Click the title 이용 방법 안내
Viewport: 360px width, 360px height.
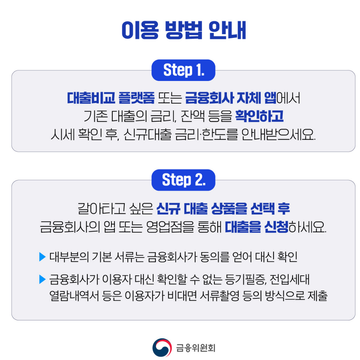pyautogui.click(x=184, y=31)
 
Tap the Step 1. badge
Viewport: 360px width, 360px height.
pyautogui.click(x=183, y=70)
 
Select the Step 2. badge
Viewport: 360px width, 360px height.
pyautogui.click(x=183, y=180)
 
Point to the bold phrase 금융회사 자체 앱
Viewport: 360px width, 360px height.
pyautogui.click(x=231, y=99)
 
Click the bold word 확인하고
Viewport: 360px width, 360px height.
pyautogui.click(x=259, y=117)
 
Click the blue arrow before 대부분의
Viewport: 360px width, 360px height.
pyautogui.click(x=43, y=257)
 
